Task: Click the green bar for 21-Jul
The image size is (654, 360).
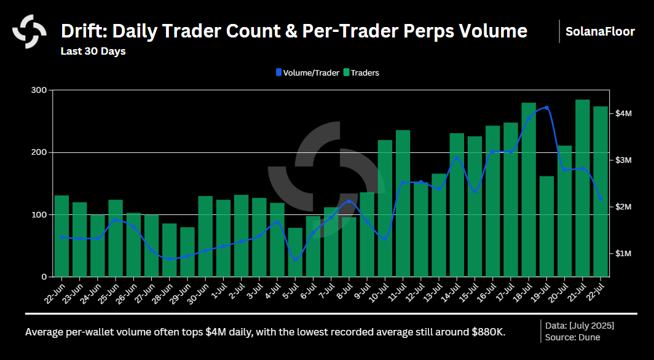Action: (x=583, y=188)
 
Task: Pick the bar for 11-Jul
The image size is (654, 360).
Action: (x=403, y=203)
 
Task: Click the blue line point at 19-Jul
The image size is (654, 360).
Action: (x=546, y=108)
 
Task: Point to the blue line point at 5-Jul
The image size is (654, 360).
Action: (x=296, y=259)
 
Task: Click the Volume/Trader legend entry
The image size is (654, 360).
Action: (x=307, y=72)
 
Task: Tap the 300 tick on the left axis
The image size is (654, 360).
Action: (x=39, y=90)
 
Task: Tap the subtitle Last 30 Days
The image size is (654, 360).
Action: (x=93, y=51)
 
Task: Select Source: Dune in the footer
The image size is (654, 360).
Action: (x=572, y=337)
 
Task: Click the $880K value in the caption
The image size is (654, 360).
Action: (x=486, y=332)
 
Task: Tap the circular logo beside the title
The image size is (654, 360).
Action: (x=30, y=31)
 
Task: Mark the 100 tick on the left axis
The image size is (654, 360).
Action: (x=39, y=214)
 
